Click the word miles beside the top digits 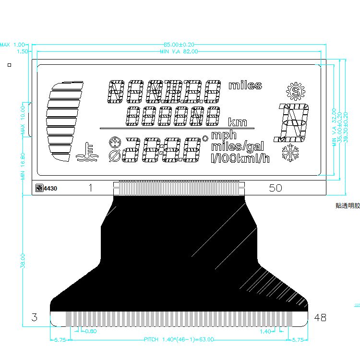point(245,85)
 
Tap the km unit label point(238,121)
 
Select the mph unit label point(224,136)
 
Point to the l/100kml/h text point(240,157)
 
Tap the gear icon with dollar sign point(296,91)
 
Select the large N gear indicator point(291,122)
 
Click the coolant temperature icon point(87,152)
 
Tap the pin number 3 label point(34,317)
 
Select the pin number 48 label point(320,317)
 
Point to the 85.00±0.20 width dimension point(179,45)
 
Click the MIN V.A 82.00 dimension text point(179,51)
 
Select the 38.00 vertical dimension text point(23,262)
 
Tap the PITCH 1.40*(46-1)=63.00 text point(179,340)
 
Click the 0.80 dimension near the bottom point(90,331)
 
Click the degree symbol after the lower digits point(205,138)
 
